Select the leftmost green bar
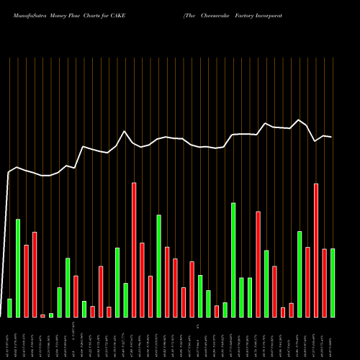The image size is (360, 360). [x=9, y=307]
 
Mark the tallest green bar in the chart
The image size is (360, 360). [x=233, y=260]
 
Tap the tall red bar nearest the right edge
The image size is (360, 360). [x=316, y=251]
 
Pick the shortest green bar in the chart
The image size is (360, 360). [x=51, y=315]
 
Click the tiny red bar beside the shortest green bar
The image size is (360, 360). [x=42, y=315]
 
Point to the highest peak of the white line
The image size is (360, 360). [x=299, y=120]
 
